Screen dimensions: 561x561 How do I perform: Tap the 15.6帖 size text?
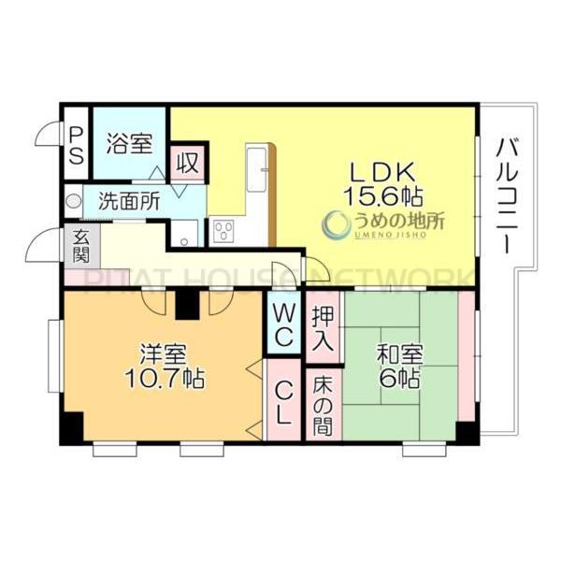[384, 196]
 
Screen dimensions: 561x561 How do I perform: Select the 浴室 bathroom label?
[128, 144]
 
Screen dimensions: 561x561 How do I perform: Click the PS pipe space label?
[76, 144]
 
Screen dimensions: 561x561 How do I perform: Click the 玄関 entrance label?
[80, 245]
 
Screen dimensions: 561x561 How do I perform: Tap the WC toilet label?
[282, 323]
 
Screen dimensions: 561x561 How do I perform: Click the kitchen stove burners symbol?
[223, 230]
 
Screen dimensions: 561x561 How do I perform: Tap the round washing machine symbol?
[73, 199]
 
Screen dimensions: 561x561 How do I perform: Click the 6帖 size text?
[399, 380]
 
